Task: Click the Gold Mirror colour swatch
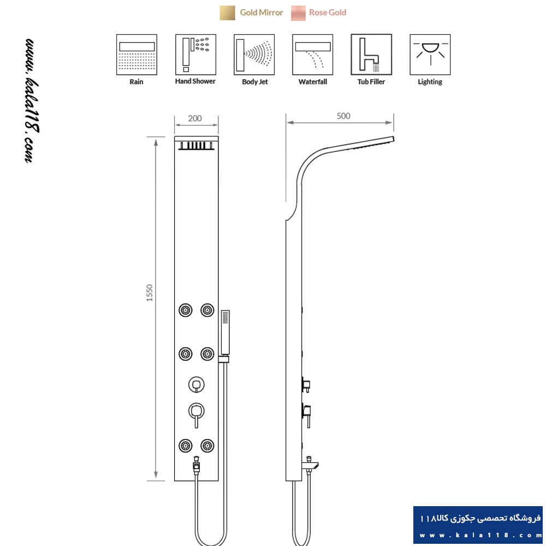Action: (x=227, y=13)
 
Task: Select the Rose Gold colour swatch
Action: (x=299, y=13)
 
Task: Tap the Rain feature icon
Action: (x=136, y=54)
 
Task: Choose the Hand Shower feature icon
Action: (x=195, y=54)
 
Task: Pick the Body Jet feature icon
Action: (x=254, y=54)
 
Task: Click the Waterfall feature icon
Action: (x=313, y=54)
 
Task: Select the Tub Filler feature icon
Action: (x=371, y=54)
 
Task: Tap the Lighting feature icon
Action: (x=430, y=54)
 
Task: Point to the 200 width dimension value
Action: (x=195, y=118)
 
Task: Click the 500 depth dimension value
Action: (x=343, y=116)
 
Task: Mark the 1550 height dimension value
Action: (x=150, y=293)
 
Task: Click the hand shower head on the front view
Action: (x=225, y=333)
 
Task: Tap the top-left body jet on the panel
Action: (x=186, y=310)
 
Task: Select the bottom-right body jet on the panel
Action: (x=207, y=446)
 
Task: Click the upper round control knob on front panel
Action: (x=197, y=385)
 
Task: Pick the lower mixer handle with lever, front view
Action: (x=197, y=414)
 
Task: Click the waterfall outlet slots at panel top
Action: (x=197, y=146)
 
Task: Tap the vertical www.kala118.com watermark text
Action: (x=32, y=100)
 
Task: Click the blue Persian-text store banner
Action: (x=478, y=525)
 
